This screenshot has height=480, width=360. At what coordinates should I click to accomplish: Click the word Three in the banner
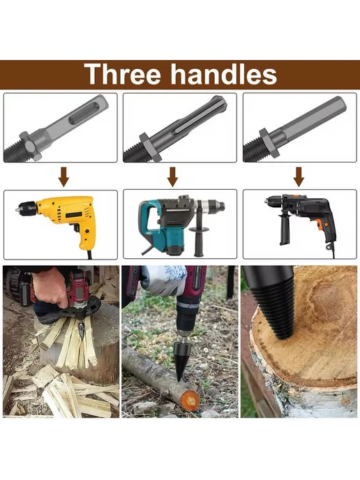(x=122, y=74)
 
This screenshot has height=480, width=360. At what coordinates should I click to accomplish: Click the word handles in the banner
(x=223, y=74)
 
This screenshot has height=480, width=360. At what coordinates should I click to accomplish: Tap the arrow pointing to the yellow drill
(x=63, y=177)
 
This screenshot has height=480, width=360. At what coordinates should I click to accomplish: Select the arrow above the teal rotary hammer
(x=172, y=177)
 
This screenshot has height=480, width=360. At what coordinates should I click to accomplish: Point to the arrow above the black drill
(x=299, y=177)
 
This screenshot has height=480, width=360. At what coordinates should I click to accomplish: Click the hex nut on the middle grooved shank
(x=150, y=147)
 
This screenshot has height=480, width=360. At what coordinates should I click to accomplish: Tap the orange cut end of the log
(x=190, y=400)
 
